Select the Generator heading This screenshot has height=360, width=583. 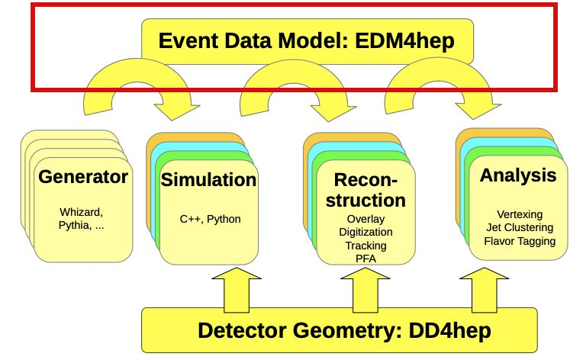tap(83, 178)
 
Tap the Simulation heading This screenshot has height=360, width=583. tap(209, 180)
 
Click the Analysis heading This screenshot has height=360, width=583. tap(518, 175)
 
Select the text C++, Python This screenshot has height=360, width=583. tap(210, 219)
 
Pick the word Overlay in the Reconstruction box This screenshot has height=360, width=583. tap(365, 220)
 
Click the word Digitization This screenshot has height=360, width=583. tap(365, 232)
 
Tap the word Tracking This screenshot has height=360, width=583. tap(365, 245)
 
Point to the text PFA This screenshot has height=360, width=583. tap(365, 258)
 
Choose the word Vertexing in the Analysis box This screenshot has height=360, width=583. tap(519, 214)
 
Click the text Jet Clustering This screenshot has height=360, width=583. tap(519, 227)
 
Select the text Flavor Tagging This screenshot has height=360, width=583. tap(519, 241)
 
